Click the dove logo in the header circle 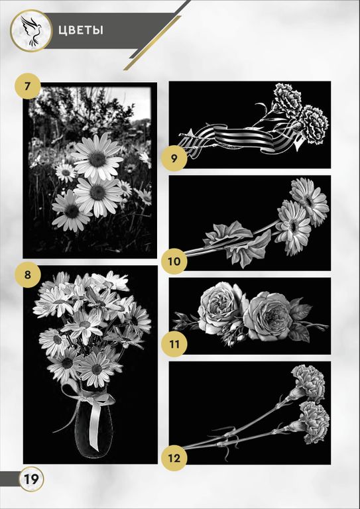coord(31,31)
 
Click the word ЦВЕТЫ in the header coord(81,30)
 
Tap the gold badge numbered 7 coord(28,87)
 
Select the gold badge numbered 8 coord(28,275)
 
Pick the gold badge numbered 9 coord(174,159)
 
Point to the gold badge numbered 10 coord(174,261)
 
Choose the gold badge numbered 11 coord(174,344)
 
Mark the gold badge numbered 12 coord(174,458)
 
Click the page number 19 coord(31,479)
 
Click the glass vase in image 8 coord(93,426)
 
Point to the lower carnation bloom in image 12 coord(313,423)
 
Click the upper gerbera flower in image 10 coord(309,201)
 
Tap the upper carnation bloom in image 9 coord(287,97)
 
